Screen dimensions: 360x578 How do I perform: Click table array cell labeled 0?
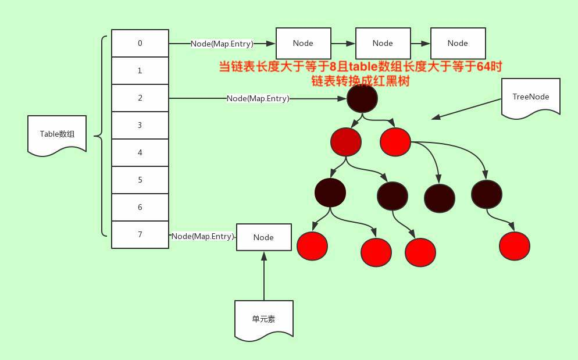pos(140,43)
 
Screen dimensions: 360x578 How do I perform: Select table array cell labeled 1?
pos(140,70)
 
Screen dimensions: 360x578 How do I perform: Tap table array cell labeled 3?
pos(140,125)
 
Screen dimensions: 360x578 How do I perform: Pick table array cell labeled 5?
pos(140,180)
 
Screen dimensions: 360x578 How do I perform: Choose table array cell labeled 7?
pos(140,234)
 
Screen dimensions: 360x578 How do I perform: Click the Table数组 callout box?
pos(57,134)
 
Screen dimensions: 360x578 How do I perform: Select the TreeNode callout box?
pos(531,98)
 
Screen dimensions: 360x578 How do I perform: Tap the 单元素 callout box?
pos(264,319)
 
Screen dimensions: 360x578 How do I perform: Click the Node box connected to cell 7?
pos(263,237)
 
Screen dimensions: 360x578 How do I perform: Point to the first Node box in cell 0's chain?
pos(303,43)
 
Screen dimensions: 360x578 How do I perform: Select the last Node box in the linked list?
pos(458,43)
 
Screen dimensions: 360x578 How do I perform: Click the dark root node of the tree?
pos(363,99)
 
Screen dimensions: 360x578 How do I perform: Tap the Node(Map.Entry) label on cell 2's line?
pos(258,99)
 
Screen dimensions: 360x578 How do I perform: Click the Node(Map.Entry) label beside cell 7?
pos(202,237)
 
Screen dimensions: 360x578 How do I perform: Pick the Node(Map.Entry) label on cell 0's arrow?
pos(222,44)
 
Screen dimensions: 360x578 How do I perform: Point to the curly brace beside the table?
pos(104,137)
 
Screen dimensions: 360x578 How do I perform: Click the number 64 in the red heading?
pos(484,67)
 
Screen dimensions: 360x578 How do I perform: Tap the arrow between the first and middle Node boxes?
pos(342,44)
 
